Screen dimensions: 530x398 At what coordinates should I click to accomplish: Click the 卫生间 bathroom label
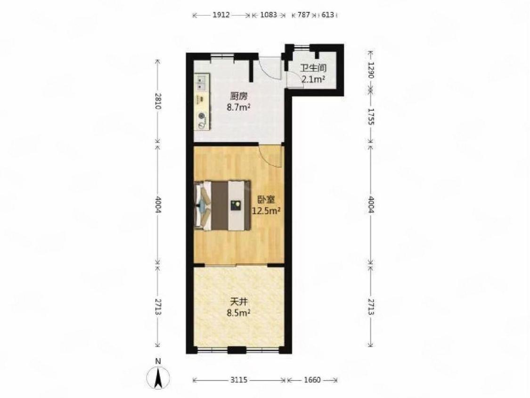314,68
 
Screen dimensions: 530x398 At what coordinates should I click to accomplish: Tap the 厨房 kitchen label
238,96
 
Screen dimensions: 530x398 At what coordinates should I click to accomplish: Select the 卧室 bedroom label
266,200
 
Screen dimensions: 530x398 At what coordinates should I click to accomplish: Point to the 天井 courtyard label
238,301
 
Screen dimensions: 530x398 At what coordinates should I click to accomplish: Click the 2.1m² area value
313,80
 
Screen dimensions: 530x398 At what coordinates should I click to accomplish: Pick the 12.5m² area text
266,211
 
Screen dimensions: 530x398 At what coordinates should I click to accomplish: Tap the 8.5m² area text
238,312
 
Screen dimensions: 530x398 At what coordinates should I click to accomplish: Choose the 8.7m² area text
238,108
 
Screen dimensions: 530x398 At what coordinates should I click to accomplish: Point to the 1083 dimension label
269,15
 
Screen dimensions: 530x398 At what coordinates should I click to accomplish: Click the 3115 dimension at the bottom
239,380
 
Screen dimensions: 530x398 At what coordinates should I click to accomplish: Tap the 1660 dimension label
312,380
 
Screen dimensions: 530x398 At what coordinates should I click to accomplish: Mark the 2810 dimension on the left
158,101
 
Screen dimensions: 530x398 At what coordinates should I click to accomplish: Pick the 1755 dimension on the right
371,116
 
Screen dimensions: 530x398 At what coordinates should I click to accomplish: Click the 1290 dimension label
371,70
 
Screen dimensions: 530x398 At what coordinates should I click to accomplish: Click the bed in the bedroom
223,205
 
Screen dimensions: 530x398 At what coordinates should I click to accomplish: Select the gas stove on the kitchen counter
202,120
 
